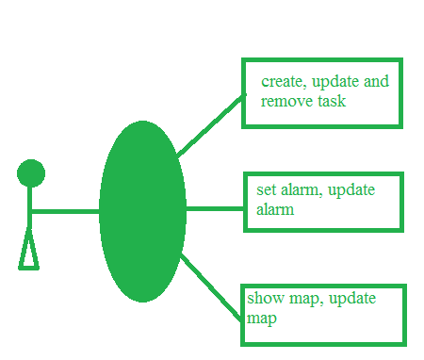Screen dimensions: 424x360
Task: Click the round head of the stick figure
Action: coord(31,173)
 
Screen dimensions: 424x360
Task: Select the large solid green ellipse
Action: coord(142,211)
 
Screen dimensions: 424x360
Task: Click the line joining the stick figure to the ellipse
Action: coord(65,211)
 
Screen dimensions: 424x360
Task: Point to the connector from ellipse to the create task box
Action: coord(210,125)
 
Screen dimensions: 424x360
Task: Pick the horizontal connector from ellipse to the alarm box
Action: coord(215,208)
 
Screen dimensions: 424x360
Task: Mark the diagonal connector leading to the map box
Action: coord(211,287)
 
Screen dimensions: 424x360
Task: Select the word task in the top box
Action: coord(332,101)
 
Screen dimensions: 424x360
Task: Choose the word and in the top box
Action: coord(376,81)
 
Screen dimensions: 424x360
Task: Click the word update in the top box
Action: coord(335,83)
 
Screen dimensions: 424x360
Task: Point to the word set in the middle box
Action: coord(266,190)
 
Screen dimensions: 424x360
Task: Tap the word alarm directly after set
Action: coord(302,190)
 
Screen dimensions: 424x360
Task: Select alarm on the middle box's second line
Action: coord(275,209)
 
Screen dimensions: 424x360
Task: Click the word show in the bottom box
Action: coord(266,298)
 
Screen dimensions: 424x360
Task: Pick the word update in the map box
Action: coord(352,299)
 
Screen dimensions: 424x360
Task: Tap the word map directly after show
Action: coord(306,300)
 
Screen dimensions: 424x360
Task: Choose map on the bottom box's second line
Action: coord(262,319)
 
